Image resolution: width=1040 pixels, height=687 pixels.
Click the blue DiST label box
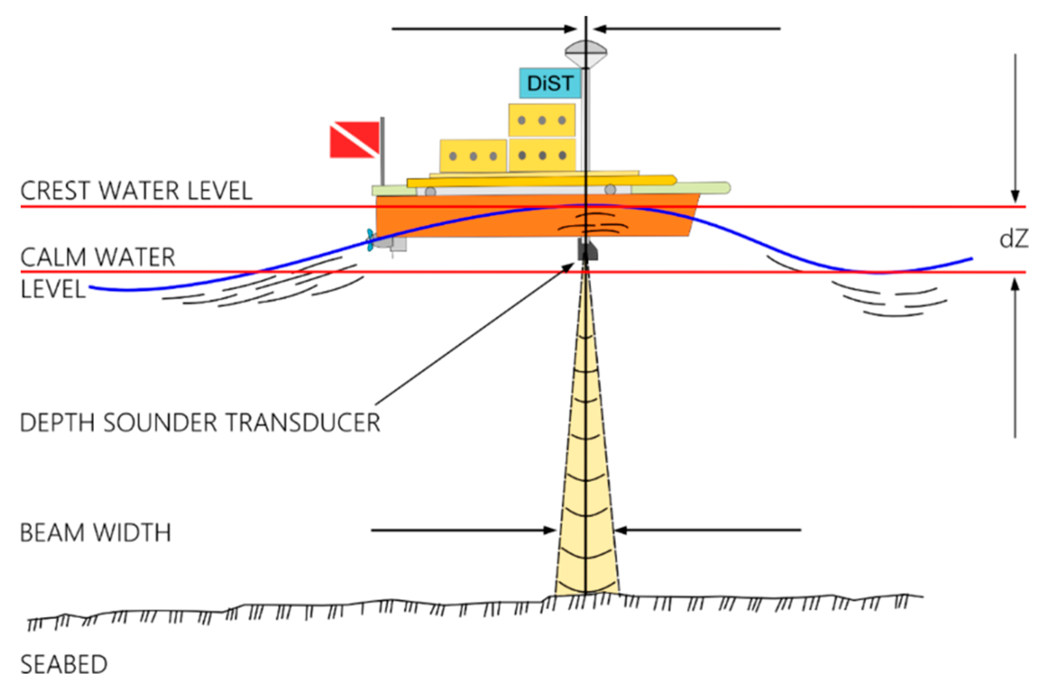(x=550, y=83)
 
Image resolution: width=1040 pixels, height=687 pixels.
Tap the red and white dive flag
(x=354, y=139)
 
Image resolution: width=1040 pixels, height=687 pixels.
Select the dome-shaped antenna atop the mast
(x=586, y=53)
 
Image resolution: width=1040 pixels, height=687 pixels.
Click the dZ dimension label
(x=1014, y=239)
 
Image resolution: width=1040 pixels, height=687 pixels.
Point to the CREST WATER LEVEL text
(x=136, y=190)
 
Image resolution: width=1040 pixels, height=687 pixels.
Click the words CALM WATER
(x=98, y=257)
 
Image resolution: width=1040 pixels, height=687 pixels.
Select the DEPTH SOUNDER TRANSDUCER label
(x=200, y=422)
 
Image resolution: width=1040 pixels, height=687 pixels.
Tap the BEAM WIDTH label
(x=95, y=532)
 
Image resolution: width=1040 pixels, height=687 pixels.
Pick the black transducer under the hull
(x=587, y=250)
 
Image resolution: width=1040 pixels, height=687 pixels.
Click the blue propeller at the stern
(x=370, y=239)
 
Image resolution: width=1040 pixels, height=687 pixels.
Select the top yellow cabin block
(x=542, y=120)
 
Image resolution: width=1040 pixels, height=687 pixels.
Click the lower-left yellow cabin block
(x=473, y=156)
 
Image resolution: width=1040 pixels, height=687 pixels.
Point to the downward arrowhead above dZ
(x=1015, y=196)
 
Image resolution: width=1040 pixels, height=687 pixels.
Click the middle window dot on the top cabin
(x=542, y=120)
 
